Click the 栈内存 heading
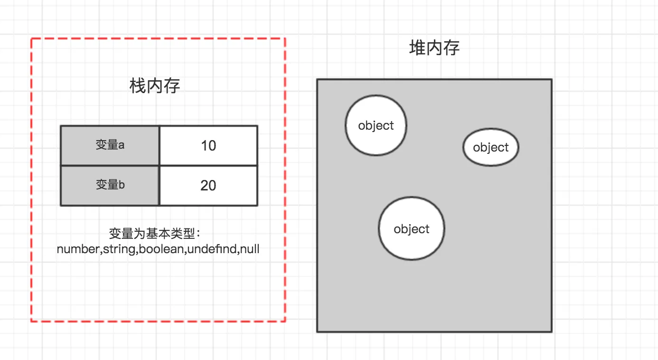coord(155,86)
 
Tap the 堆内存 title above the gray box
coord(434,48)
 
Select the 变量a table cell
coord(110,145)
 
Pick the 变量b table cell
coord(110,185)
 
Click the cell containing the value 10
coord(208,145)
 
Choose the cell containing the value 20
coord(208,185)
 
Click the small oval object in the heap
coord(491,147)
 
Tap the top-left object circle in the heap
coord(376,125)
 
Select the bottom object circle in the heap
coord(412,229)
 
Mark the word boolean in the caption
coord(161,249)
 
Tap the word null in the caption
coord(250,249)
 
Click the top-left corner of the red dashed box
coord(31,38)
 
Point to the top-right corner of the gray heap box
coord(552,79)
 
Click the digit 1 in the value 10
coord(204,145)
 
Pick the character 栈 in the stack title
coord(137,86)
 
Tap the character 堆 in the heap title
coord(417,48)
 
